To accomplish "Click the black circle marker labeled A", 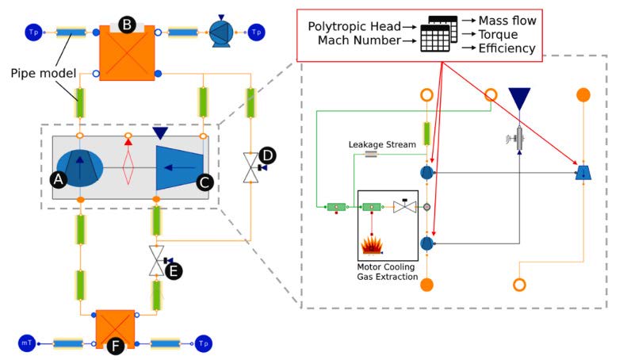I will coord(57,180).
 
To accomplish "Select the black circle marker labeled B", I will coord(126,24).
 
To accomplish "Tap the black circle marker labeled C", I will coord(204,182).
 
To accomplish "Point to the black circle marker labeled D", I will coord(269,152).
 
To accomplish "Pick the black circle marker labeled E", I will coord(174,270).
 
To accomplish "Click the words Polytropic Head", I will coord(354,28).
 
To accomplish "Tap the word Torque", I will coord(502,35).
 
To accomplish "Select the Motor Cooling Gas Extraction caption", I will coord(387,272).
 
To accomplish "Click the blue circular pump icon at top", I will coord(219,32).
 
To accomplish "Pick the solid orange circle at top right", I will coord(583,95).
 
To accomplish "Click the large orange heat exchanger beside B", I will coord(126,54).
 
